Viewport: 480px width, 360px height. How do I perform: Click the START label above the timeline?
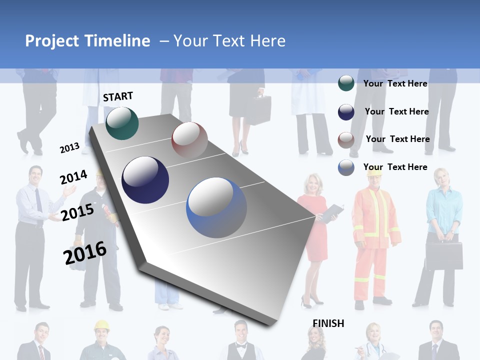(118, 96)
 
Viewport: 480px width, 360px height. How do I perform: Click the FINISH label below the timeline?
(328, 323)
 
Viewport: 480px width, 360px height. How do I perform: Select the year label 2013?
(69, 148)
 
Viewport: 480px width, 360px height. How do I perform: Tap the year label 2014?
(73, 177)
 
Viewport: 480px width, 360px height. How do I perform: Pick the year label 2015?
(77, 212)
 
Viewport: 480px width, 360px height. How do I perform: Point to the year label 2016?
(85, 253)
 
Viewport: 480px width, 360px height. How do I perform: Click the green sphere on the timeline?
(122, 123)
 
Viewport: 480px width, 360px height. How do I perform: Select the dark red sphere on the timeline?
(189, 140)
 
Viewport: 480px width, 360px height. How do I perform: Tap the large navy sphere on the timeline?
(145, 180)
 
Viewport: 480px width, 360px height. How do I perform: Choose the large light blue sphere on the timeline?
(216, 207)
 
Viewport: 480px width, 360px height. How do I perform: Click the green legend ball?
(346, 83)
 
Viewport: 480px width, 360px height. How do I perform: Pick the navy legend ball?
(346, 112)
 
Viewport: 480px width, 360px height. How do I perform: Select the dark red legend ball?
(346, 140)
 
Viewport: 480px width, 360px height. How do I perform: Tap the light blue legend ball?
(346, 168)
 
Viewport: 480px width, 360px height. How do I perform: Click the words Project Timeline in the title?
(87, 41)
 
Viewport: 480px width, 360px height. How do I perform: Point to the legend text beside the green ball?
(395, 83)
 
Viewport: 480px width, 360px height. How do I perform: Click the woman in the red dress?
(312, 225)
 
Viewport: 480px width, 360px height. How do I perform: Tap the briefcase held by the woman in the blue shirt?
(444, 255)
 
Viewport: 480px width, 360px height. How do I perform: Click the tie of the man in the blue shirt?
(38, 200)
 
